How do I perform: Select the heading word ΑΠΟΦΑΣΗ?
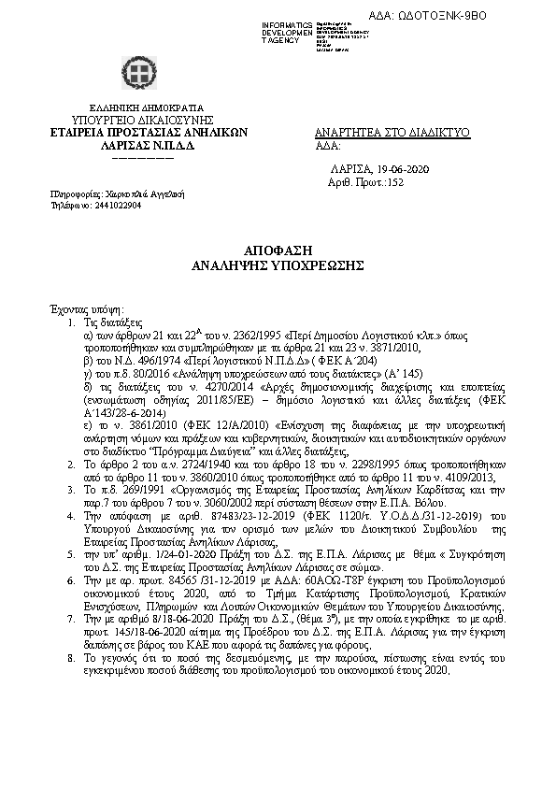(277, 252)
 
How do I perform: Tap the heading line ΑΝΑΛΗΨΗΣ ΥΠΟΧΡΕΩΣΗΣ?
(277, 265)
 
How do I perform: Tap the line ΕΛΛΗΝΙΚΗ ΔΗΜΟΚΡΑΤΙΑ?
(138, 107)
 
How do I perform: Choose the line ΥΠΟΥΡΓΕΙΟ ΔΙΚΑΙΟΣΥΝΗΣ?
(138, 120)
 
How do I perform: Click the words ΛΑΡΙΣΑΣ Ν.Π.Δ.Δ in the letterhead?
(138, 146)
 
